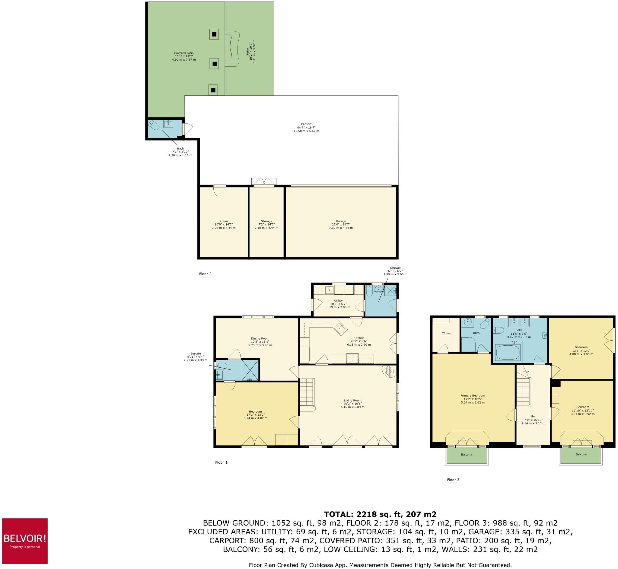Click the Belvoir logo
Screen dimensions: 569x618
25,541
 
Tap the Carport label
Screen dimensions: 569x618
306,127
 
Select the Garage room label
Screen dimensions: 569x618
341,225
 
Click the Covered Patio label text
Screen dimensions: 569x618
184,56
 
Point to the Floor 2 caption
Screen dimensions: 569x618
205,274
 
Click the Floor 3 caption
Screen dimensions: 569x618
453,480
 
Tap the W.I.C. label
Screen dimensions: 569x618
446,333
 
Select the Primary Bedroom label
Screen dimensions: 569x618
473,399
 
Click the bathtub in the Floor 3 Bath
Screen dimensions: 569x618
508,352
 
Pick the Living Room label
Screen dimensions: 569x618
352,404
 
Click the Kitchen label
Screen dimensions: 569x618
358,341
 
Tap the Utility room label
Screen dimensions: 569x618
338,304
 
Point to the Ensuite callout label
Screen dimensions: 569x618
196,356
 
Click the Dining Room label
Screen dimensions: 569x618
260,342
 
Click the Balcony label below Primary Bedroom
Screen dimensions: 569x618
466,455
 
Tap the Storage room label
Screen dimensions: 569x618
266,225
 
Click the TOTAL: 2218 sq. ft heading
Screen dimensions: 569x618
380,514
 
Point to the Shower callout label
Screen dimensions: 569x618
395,271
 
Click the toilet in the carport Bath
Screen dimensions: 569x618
154,125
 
